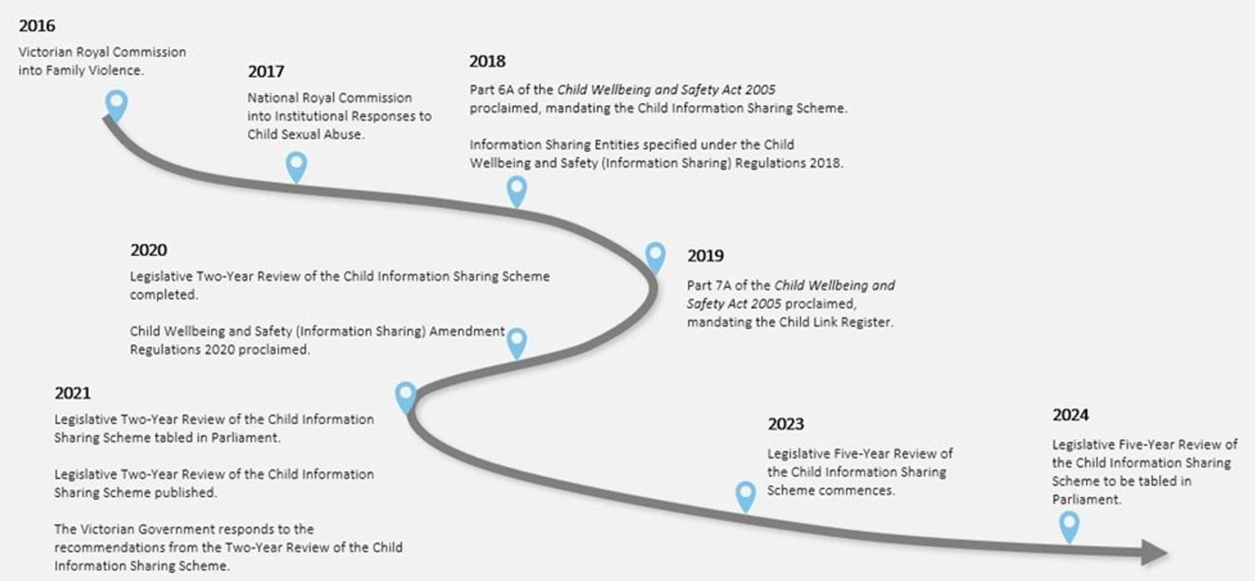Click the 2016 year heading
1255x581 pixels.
[x=37, y=26]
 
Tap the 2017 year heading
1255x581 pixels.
[x=266, y=72]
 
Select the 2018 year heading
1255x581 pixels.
[x=488, y=61]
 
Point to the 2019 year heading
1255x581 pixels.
[x=705, y=256]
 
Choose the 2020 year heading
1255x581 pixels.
[x=149, y=250]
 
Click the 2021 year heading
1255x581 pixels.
[x=72, y=393]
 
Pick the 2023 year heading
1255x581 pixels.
[x=785, y=424]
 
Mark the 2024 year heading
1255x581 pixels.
[x=1070, y=415]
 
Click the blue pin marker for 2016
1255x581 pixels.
[x=117, y=105]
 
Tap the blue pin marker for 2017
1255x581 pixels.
[x=297, y=166]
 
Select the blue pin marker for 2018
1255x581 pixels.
[x=516, y=190]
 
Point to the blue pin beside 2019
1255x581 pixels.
[x=655, y=257]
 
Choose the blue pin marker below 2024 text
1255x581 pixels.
[x=1069, y=526]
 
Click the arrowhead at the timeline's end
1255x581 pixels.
[x=1155, y=552]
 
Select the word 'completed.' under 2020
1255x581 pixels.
[x=163, y=295]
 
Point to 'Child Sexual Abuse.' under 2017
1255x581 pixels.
[x=306, y=135]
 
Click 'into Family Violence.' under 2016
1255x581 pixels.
[x=81, y=70]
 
